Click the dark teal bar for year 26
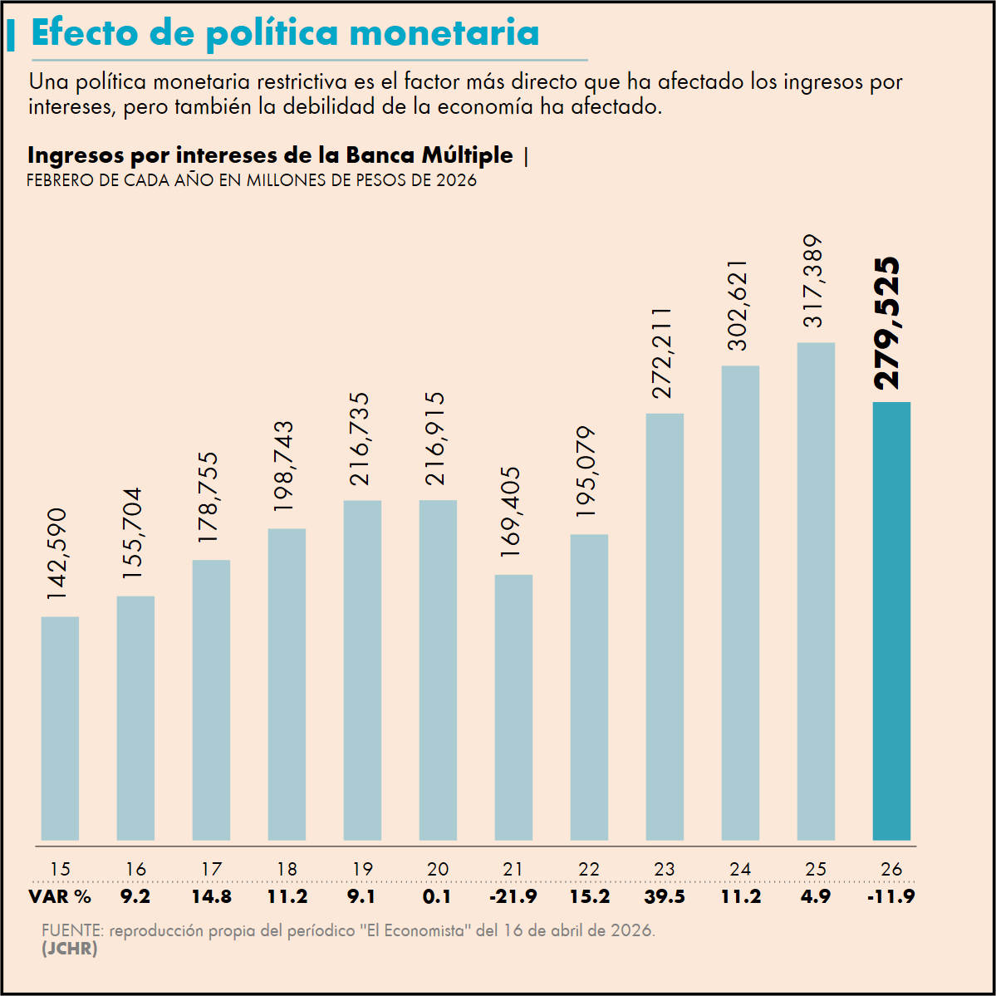click(891, 621)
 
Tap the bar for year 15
click(60, 729)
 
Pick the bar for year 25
click(816, 591)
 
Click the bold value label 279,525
click(887, 323)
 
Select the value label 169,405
click(512, 512)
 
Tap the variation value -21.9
click(513, 897)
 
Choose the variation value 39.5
click(665, 897)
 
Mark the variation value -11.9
click(891, 897)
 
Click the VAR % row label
click(60, 897)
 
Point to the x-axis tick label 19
click(362, 870)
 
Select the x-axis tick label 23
click(665, 870)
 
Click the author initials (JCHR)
click(69, 949)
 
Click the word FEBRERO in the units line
click(61, 180)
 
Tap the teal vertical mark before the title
click(11, 36)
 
